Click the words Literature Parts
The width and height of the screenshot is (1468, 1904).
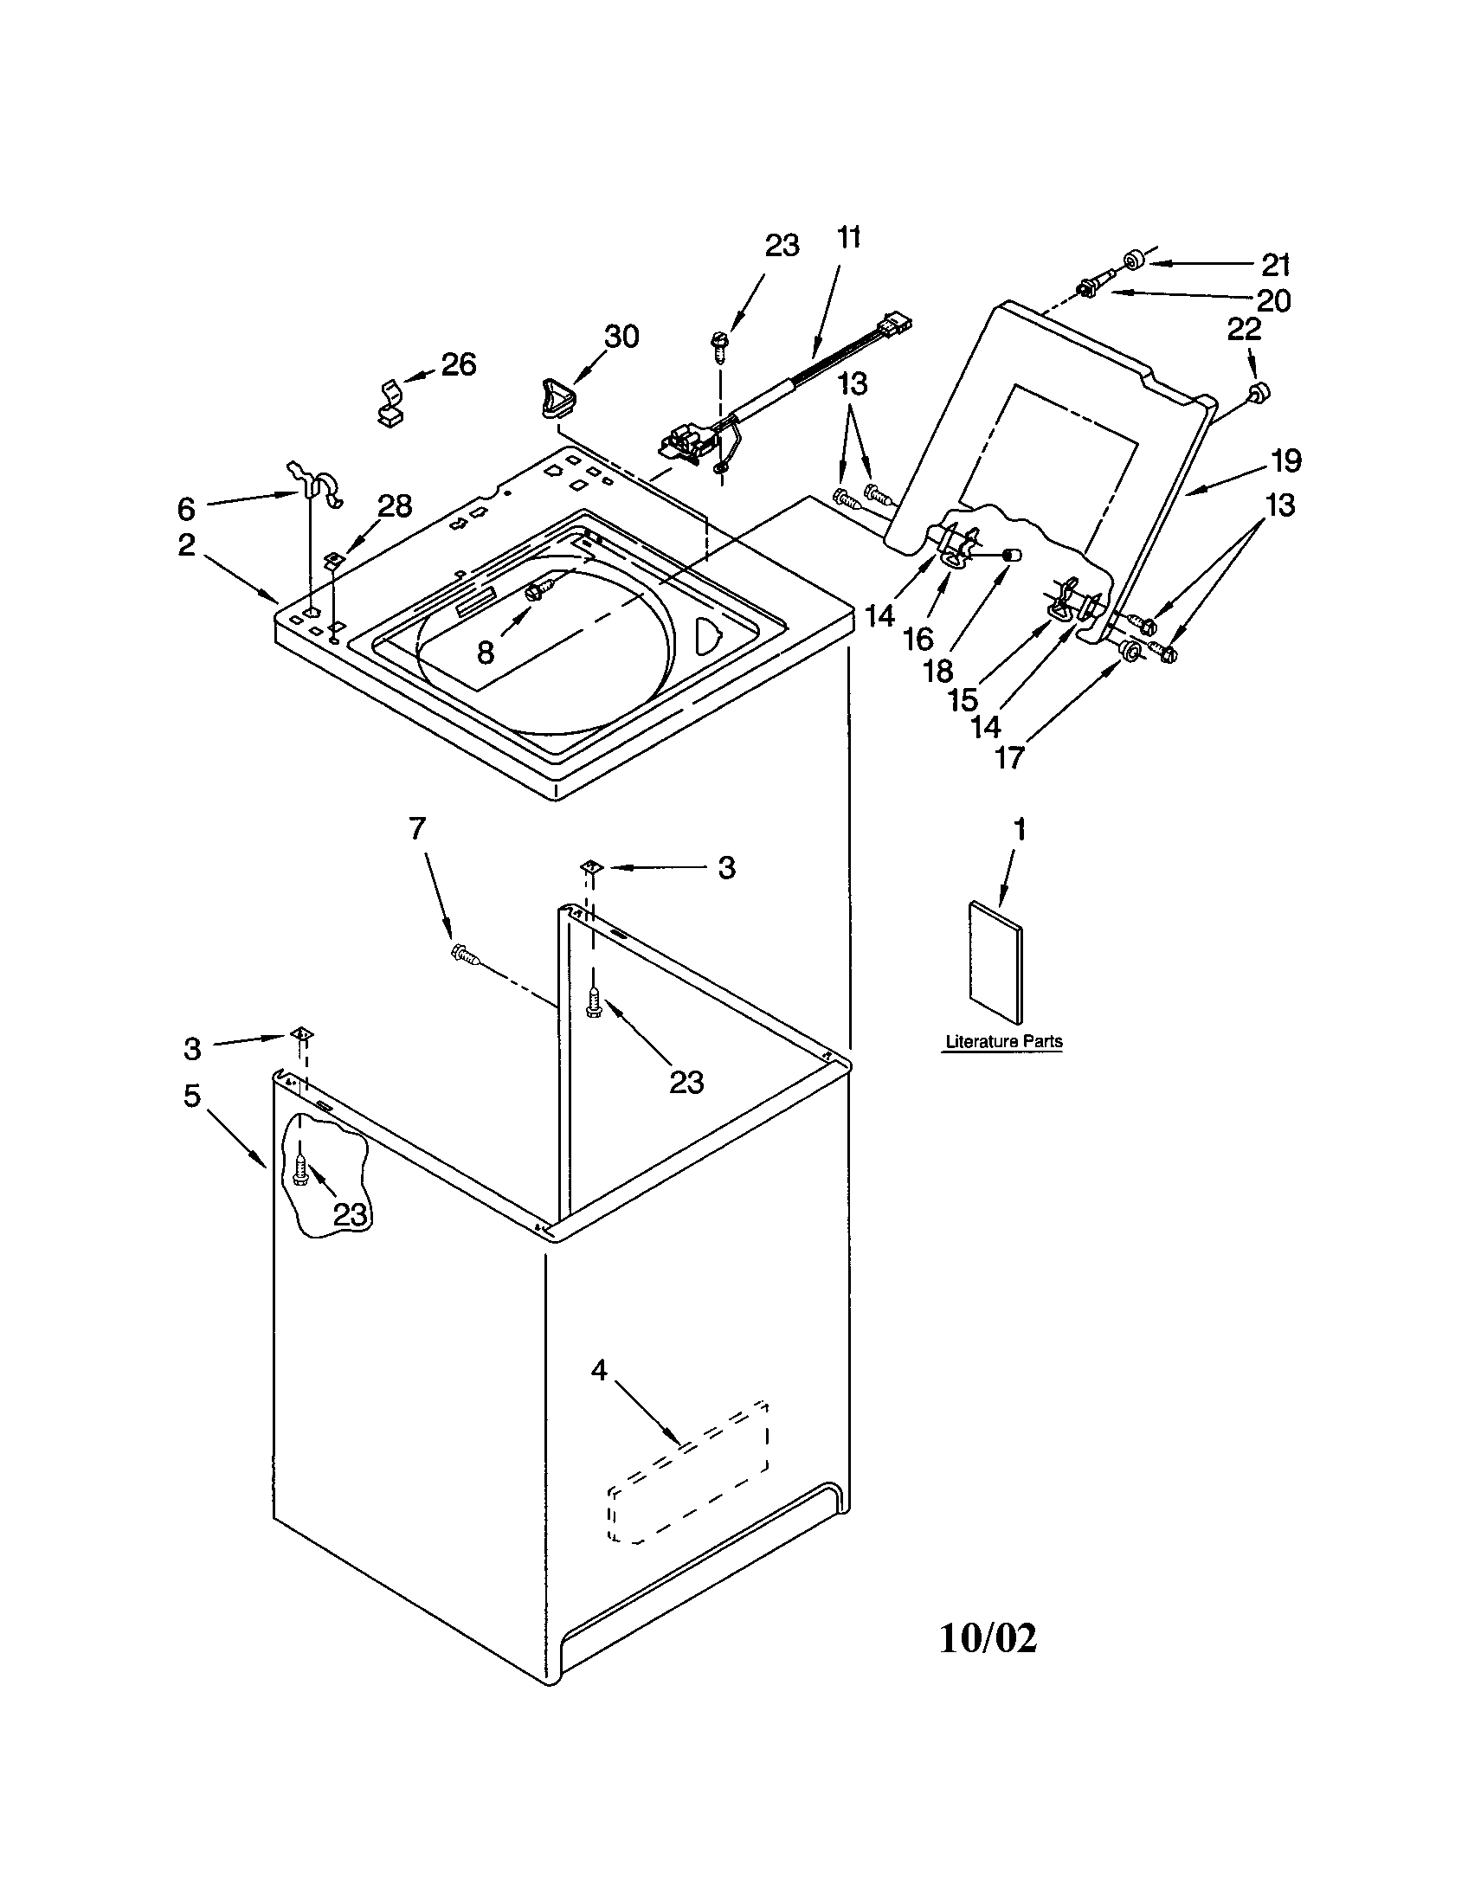pyautogui.click(x=1003, y=1041)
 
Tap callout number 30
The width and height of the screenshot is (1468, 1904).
pyautogui.click(x=621, y=337)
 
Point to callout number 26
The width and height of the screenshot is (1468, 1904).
pyautogui.click(x=459, y=363)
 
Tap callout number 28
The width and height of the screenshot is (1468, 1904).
pyautogui.click(x=394, y=505)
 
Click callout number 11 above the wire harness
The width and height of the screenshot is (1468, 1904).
pyautogui.click(x=848, y=237)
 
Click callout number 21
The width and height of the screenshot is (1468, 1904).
pyautogui.click(x=1275, y=265)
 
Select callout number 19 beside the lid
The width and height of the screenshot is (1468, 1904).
pyautogui.click(x=1286, y=460)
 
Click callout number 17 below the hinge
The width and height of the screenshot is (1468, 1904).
pyautogui.click(x=1009, y=757)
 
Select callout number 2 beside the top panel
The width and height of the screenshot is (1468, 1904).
pyautogui.click(x=187, y=545)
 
